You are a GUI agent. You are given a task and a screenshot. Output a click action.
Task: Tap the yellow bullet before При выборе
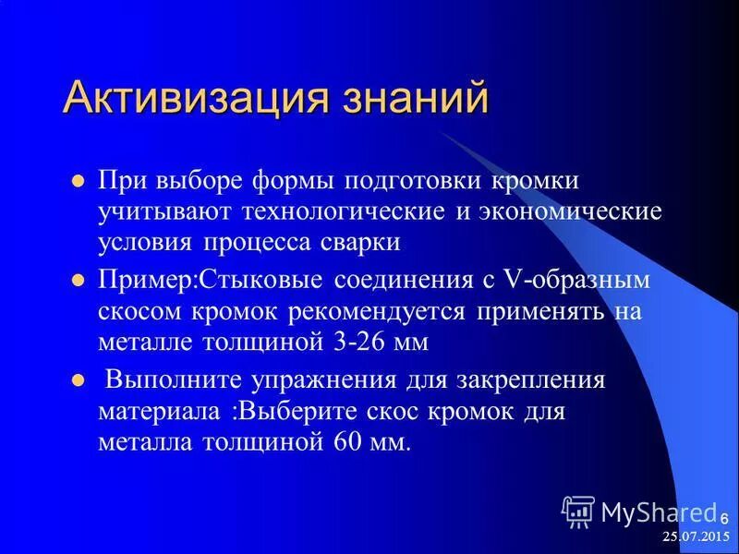79,180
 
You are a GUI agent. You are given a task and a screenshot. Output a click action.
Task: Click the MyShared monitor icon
578,512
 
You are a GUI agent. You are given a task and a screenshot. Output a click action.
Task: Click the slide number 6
724,516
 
